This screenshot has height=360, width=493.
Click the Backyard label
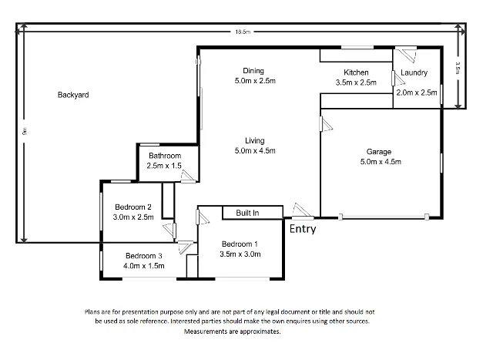click(x=73, y=96)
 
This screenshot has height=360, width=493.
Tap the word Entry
click(x=302, y=229)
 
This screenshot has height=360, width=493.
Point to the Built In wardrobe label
click(x=247, y=212)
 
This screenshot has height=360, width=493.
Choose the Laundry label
click(x=414, y=74)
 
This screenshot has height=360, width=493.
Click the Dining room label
click(x=253, y=70)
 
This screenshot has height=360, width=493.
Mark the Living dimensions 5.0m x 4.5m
click(x=255, y=150)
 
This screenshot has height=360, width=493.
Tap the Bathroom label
click(x=165, y=156)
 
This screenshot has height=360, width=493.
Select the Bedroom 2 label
click(x=133, y=207)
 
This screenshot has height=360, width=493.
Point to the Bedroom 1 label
click(x=238, y=244)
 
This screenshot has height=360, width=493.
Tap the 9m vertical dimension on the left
click(x=25, y=132)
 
